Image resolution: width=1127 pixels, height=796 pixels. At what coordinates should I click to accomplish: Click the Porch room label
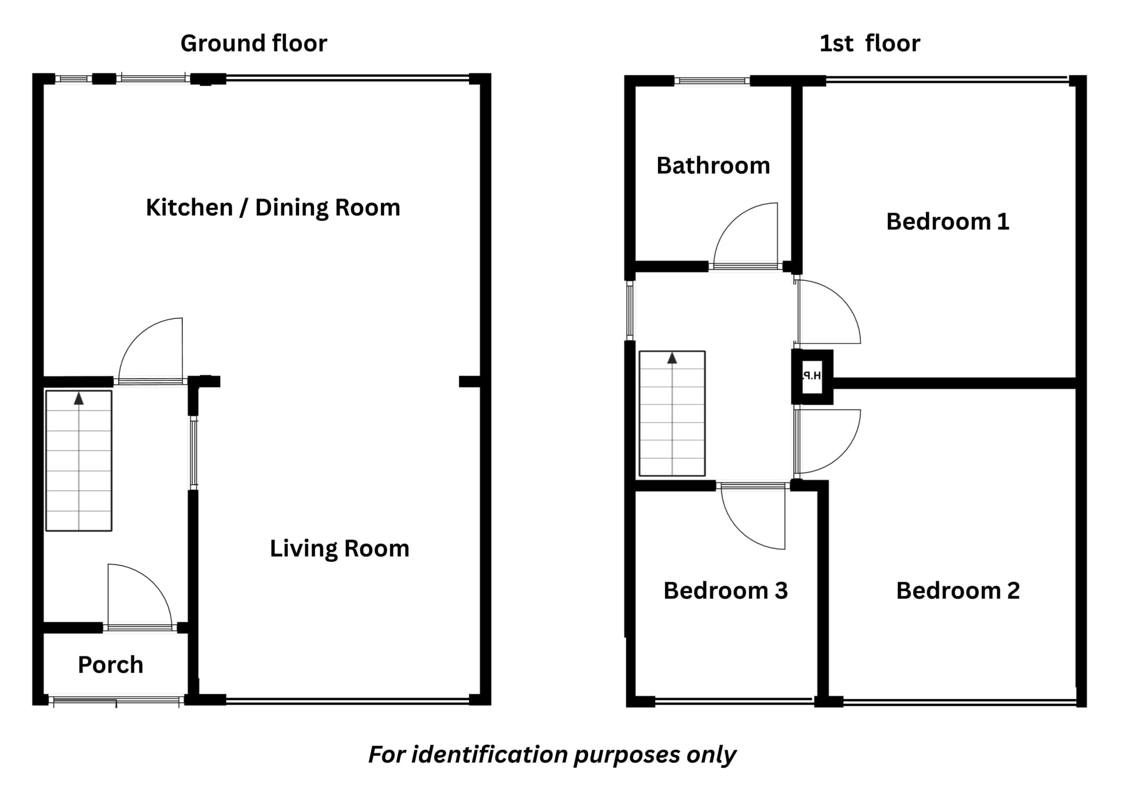click(x=110, y=665)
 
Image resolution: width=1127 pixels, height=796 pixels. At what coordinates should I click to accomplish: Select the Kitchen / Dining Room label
click(x=273, y=207)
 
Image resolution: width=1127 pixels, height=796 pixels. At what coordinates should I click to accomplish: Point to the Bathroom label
click(x=713, y=165)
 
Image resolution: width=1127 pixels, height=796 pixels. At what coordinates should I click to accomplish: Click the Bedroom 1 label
click(x=947, y=221)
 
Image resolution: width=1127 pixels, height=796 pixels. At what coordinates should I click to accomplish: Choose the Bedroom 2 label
click(x=958, y=591)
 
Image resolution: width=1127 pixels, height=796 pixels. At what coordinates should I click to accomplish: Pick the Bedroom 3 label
click(x=726, y=591)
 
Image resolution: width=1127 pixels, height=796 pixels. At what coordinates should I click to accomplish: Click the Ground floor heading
click(x=254, y=43)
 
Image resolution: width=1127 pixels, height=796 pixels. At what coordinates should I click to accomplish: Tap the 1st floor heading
click(x=870, y=43)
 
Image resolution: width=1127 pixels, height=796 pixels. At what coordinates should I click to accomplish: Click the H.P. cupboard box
click(x=812, y=376)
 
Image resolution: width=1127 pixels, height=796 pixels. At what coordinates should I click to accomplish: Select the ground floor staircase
click(x=78, y=460)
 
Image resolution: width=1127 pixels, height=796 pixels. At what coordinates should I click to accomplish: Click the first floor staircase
click(x=672, y=413)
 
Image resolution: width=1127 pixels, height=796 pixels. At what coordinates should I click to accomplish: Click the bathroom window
click(x=712, y=81)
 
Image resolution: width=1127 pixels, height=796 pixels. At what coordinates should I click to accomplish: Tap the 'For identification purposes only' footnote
click(x=552, y=754)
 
